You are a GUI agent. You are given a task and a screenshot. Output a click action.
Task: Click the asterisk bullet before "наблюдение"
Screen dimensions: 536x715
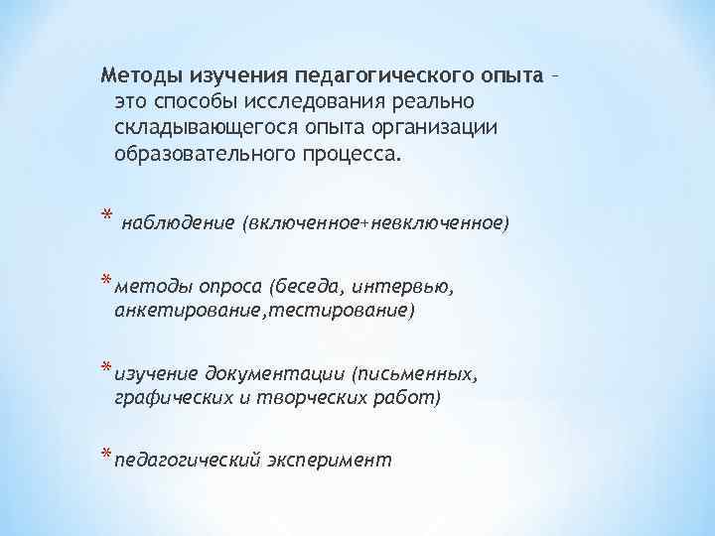(105, 221)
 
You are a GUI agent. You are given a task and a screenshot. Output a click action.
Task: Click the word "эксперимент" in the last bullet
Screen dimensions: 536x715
(330, 461)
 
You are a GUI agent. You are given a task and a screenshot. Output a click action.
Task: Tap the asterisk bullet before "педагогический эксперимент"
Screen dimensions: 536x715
(105, 457)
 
